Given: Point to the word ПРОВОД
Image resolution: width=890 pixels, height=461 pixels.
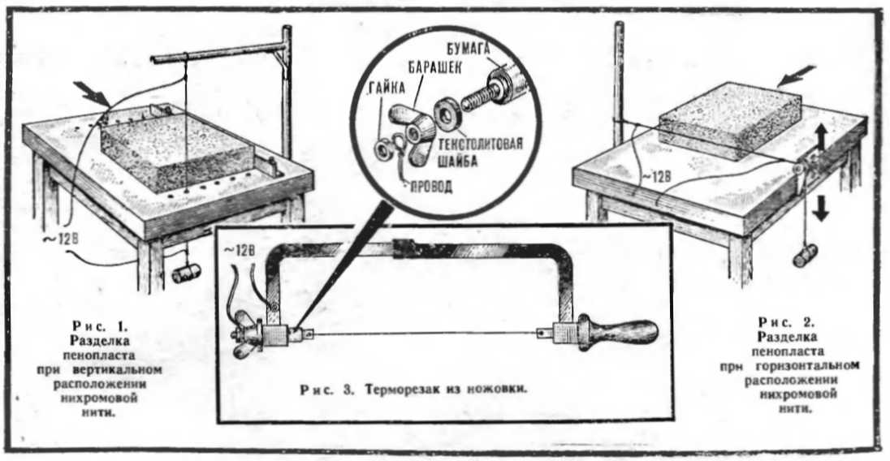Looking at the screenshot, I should [x=431, y=186].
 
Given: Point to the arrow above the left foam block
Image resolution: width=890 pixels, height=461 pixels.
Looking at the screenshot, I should [x=91, y=93].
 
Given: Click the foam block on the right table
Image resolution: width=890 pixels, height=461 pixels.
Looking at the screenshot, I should [x=730, y=122].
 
